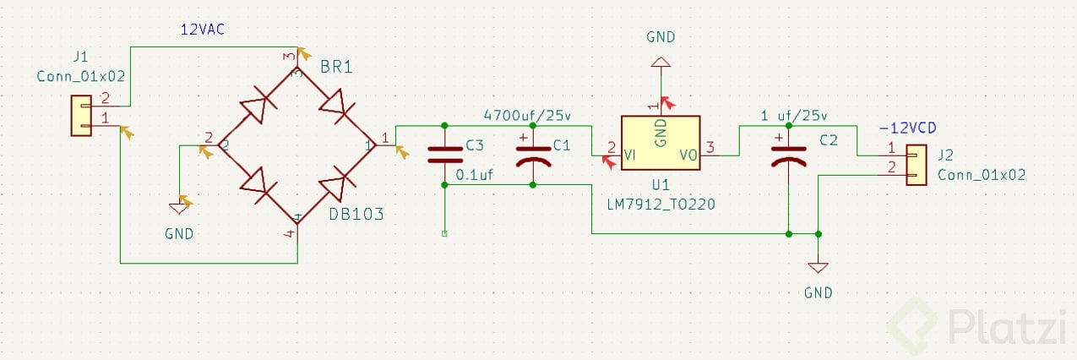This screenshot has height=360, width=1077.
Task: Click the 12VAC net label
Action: (203, 30)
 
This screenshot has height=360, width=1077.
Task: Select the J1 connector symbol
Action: (81, 115)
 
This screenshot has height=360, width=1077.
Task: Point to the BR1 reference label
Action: (336, 68)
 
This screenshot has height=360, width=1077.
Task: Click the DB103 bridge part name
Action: (356, 215)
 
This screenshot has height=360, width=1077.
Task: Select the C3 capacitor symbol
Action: (444, 154)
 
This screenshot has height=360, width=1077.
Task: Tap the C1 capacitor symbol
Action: (533, 154)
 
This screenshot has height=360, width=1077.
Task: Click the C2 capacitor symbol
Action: (788, 154)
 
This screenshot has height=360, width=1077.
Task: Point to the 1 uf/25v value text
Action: (795, 116)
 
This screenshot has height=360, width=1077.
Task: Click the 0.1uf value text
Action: (474, 176)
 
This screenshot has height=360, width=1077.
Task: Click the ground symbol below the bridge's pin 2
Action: (179, 206)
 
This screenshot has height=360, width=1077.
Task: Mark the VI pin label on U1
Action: (630, 155)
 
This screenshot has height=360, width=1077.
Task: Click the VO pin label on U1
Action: (688, 155)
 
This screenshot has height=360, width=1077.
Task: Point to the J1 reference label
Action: (81, 57)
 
